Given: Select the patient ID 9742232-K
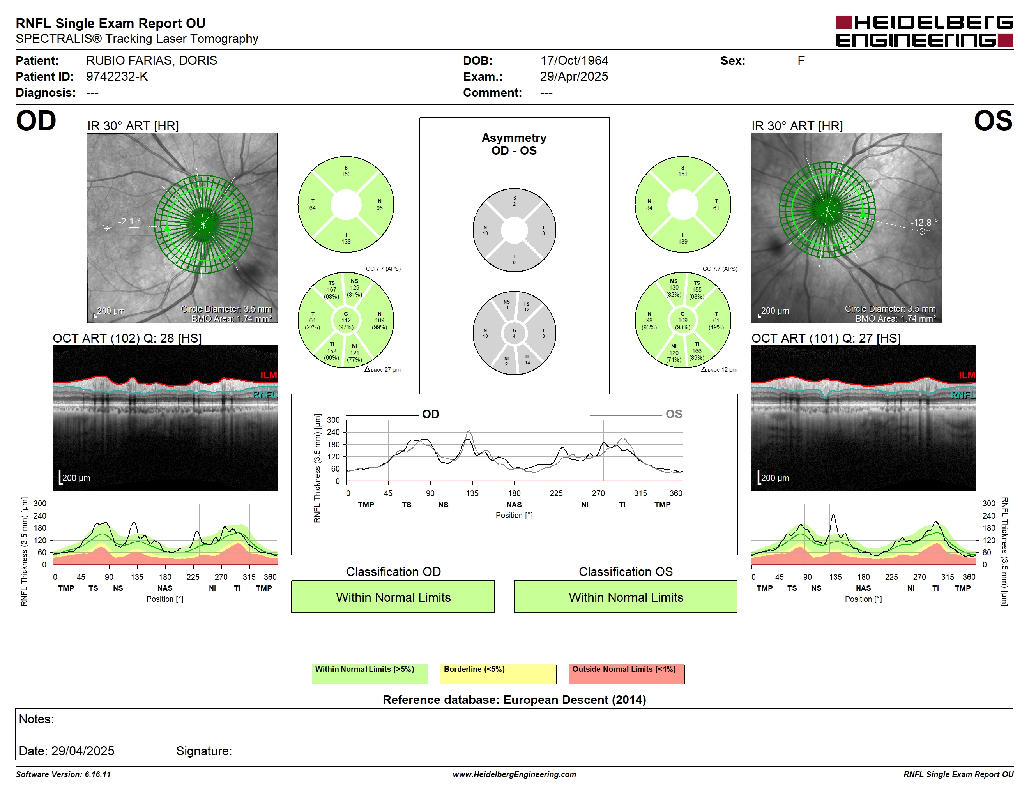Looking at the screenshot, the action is pyautogui.click(x=117, y=77).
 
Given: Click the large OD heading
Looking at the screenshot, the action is pyautogui.click(x=36, y=121).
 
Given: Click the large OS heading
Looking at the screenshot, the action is pyautogui.click(x=993, y=121).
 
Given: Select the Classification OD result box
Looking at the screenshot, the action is pyautogui.click(x=393, y=597).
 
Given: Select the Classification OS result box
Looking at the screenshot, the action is pyautogui.click(x=625, y=597).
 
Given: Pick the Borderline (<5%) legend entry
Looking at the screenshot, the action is pyautogui.click(x=498, y=673).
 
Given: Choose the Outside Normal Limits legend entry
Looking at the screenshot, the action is pyautogui.click(x=627, y=673).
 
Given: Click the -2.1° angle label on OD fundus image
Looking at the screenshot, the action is pyautogui.click(x=129, y=221).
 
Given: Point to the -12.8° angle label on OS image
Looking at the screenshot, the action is pyautogui.click(x=924, y=222).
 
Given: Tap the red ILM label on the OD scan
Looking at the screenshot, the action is pyautogui.click(x=269, y=375).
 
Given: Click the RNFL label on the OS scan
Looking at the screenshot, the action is pyautogui.click(x=963, y=395).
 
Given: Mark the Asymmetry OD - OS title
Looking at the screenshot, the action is pyautogui.click(x=514, y=144).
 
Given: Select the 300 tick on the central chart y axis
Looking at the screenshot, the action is pyautogui.click(x=333, y=420).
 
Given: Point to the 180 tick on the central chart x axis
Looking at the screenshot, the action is pyautogui.click(x=514, y=493).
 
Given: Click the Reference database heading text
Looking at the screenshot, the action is pyautogui.click(x=514, y=700).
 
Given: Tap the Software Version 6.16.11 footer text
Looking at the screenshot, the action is pyautogui.click(x=63, y=774).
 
